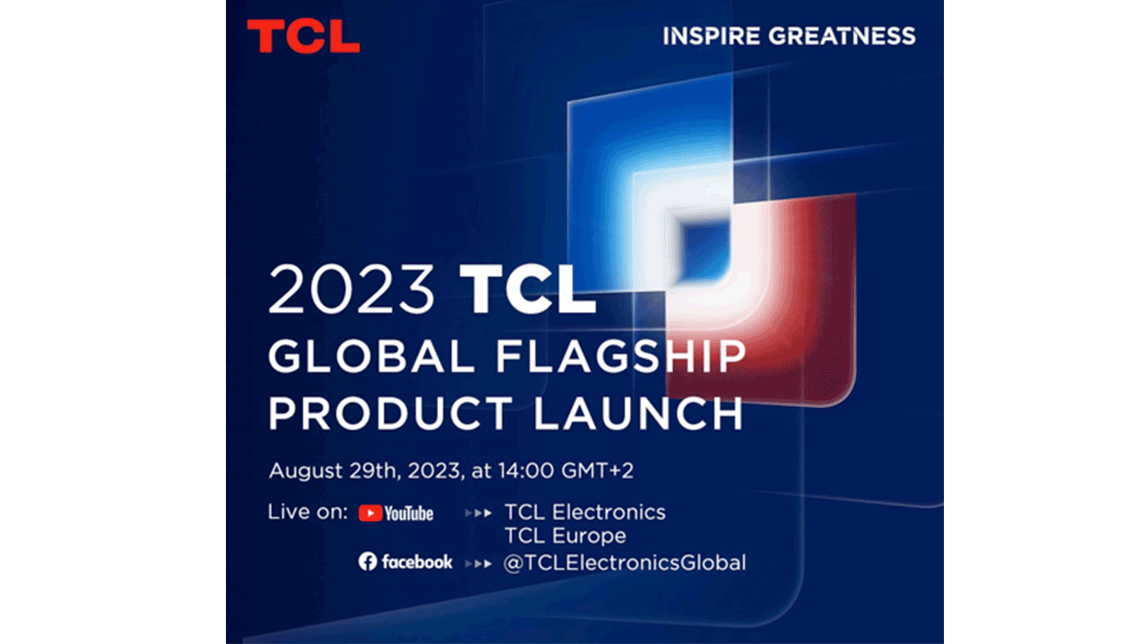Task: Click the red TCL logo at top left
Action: point(303,37)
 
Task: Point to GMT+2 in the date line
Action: point(609,472)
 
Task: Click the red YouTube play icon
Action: point(370,513)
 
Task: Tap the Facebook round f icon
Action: point(368,561)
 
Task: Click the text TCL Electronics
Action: point(585,512)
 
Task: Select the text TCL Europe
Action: point(566,536)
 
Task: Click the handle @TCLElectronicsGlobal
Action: point(624,562)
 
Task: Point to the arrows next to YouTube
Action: point(477,513)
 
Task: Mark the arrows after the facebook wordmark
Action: point(477,562)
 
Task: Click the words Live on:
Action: point(308,512)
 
